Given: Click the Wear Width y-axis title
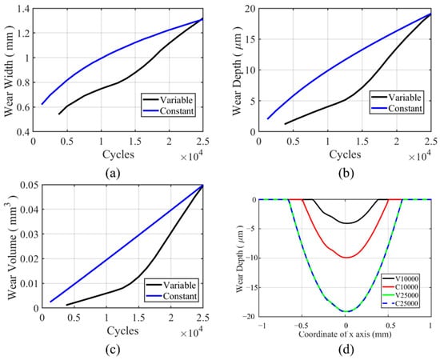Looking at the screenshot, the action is click(9, 70).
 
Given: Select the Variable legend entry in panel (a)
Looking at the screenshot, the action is click(168, 100).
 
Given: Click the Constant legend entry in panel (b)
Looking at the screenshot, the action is click(397, 108).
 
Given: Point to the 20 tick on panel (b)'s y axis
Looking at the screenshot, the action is click(250, 9).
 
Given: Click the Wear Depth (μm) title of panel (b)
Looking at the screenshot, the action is click(237, 70).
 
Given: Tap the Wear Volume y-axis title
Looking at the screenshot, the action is click(12, 247).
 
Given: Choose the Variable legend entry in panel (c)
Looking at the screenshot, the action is click(171, 286).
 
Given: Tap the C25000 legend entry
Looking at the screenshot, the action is click(401, 304).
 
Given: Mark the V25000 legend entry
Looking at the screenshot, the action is click(401, 295).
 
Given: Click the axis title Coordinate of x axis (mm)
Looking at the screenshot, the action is click(345, 334).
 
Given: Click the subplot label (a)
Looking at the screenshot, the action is click(113, 173).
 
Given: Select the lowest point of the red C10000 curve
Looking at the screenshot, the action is click(346, 258).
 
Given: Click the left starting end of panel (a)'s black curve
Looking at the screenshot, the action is click(59, 114).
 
